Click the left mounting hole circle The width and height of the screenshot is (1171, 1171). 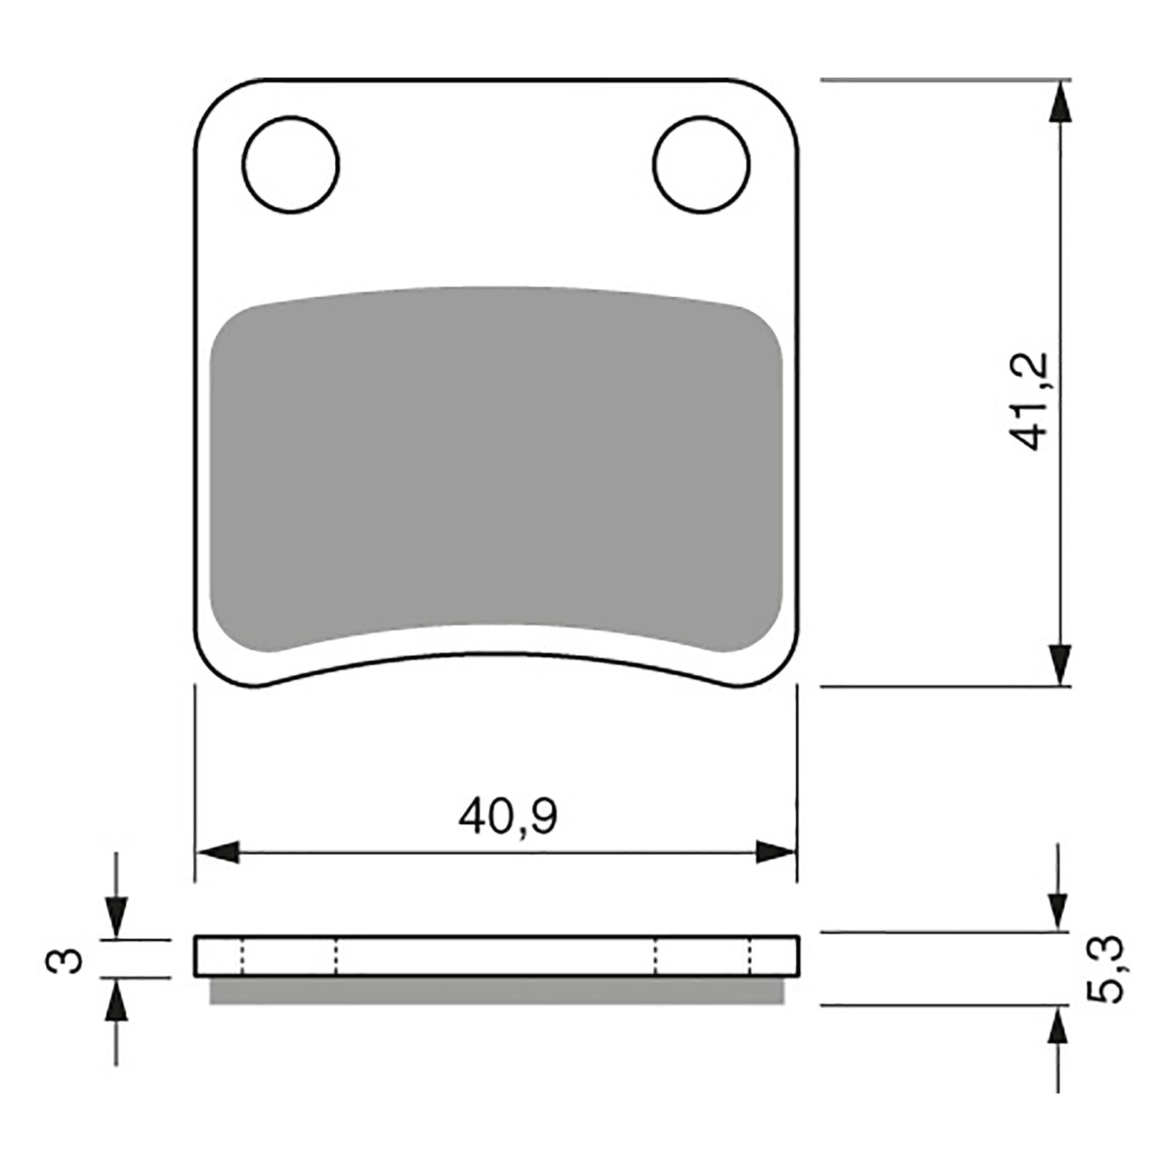(291, 164)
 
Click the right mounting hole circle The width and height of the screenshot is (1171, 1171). (701, 164)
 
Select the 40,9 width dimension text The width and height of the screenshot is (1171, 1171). (508, 818)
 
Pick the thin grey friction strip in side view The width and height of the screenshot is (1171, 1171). (496, 992)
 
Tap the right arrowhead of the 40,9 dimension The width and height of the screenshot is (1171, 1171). (776, 853)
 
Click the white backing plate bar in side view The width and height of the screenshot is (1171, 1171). (496, 956)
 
